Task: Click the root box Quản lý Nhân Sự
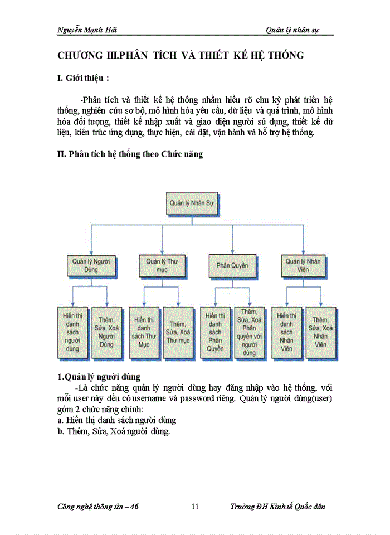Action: click(191, 203)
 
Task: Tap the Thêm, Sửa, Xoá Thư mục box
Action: click(179, 332)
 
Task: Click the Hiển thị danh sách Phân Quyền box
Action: click(215, 332)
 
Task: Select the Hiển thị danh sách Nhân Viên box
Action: click(286, 332)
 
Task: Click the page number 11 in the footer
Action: click(195, 507)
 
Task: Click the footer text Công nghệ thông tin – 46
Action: click(98, 507)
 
